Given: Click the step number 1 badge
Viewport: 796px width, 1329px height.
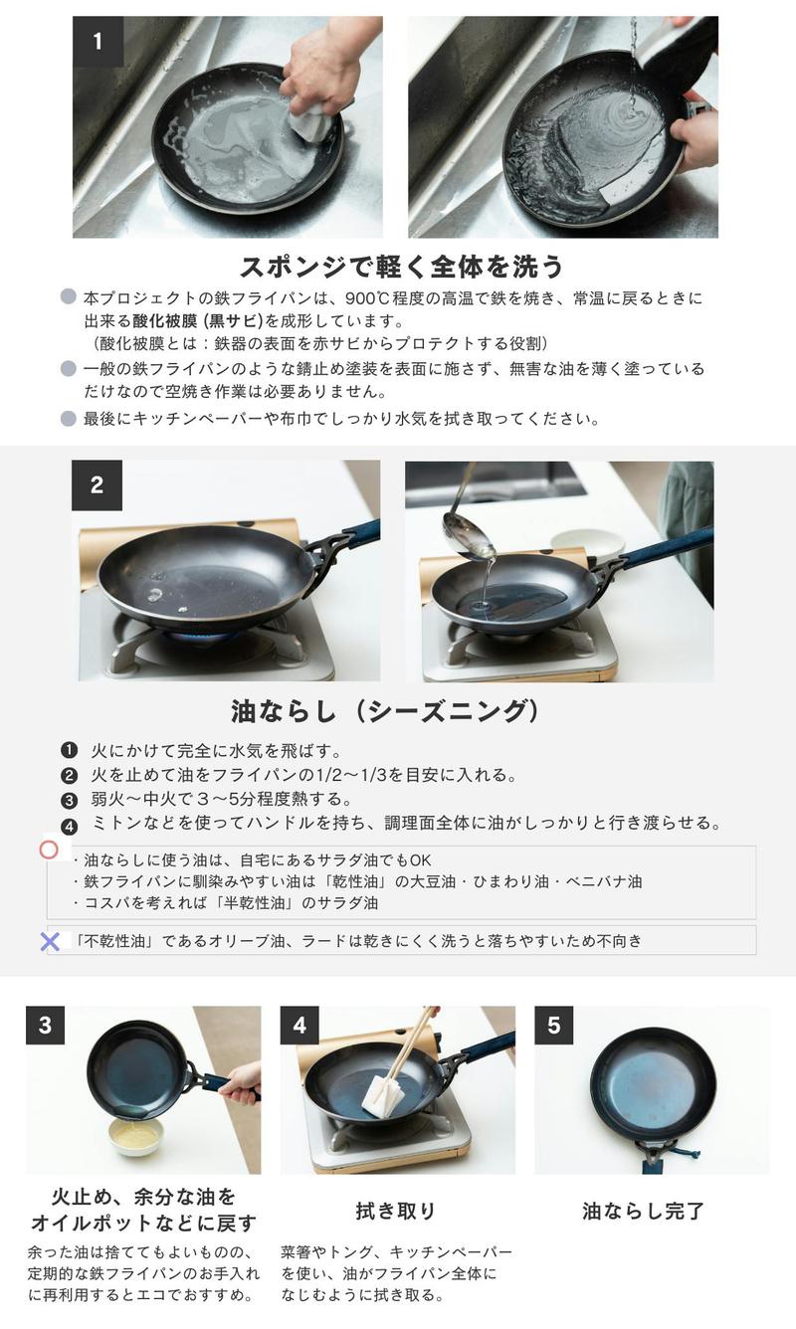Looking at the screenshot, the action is [98, 41].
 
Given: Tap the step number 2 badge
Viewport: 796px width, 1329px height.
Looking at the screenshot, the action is [97, 485].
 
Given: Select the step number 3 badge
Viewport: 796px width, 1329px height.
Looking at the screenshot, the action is [45, 1026].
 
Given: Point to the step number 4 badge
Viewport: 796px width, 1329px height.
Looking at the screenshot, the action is [299, 1026].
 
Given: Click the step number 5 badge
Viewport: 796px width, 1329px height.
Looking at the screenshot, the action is [554, 1026].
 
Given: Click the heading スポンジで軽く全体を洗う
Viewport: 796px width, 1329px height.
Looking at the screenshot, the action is [401, 267].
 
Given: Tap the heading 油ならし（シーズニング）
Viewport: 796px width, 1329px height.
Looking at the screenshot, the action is [386, 711].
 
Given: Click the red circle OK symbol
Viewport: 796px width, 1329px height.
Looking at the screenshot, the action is [49, 850].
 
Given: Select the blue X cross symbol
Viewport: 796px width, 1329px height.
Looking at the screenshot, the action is [50, 942].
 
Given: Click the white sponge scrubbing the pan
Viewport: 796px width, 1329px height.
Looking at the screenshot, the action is [311, 123].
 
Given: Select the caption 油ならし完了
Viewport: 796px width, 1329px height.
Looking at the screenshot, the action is [643, 1211].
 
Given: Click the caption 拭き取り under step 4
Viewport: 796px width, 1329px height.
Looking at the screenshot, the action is [396, 1211].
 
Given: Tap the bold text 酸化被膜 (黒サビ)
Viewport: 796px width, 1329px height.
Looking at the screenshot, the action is [198, 321].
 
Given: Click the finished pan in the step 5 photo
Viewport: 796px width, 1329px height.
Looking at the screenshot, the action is [654, 1088].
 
